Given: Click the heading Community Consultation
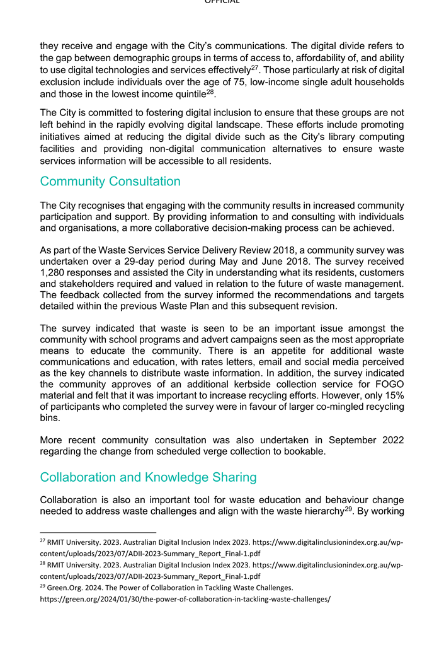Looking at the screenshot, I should (110, 182).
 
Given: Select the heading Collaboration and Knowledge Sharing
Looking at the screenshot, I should (148, 477).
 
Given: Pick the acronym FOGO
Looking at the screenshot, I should (390, 384).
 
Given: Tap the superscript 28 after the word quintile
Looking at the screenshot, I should (212, 91).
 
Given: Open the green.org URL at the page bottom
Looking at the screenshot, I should (185, 599).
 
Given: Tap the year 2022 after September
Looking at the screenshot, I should (391, 440).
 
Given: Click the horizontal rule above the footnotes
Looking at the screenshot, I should (98, 533).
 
